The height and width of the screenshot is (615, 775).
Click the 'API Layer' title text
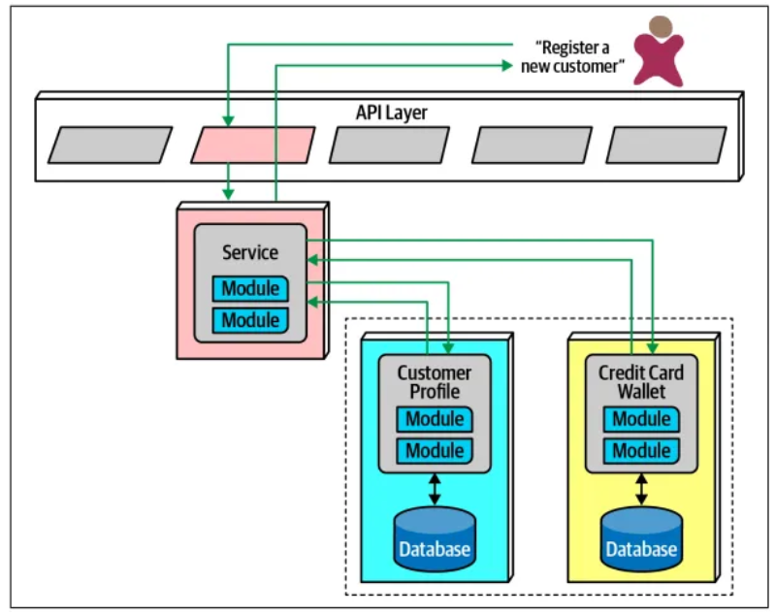tap(391, 113)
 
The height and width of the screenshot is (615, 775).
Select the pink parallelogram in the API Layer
tap(252, 145)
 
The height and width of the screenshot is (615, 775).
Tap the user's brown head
tap(660, 27)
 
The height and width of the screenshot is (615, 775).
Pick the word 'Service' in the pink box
tap(250, 252)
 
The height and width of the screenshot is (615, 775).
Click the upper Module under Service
tap(250, 288)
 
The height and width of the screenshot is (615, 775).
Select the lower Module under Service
tap(250, 319)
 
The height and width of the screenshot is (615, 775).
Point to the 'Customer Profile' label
tap(435, 382)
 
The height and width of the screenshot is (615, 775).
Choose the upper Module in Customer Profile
tap(435, 420)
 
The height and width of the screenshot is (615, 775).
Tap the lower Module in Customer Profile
tap(435, 450)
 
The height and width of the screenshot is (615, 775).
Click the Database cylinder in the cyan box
tap(435, 539)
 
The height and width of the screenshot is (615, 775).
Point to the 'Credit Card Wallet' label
tap(641, 382)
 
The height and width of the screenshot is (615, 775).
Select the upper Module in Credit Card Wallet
tap(641, 420)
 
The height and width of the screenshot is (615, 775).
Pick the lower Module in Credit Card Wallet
tap(641, 450)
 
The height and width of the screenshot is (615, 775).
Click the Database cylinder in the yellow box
tap(641, 539)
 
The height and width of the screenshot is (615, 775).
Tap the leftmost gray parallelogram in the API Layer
tap(110, 145)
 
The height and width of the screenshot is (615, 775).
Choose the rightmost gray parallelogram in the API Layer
tap(665, 145)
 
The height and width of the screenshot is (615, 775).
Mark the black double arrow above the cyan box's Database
tap(435, 488)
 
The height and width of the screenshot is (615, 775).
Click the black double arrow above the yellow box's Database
tap(641, 488)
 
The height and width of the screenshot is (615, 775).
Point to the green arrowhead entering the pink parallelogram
tap(227, 121)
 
